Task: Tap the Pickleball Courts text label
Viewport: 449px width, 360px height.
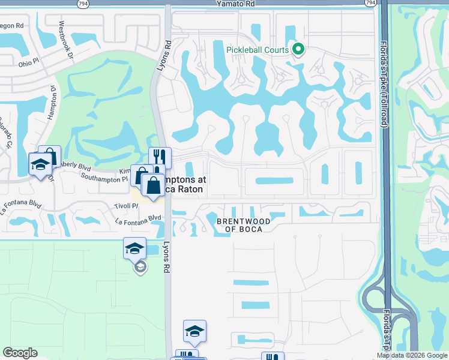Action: tap(258, 50)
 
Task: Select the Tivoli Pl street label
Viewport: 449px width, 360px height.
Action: tap(126, 206)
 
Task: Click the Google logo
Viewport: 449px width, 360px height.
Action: tap(20, 353)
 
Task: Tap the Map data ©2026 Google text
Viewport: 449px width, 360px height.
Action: tap(412, 355)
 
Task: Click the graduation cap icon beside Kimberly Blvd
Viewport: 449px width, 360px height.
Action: tap(40, 164)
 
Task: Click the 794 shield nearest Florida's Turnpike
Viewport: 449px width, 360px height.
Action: tap(370, 3)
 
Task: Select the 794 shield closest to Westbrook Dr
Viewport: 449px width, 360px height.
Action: tap(81, 3)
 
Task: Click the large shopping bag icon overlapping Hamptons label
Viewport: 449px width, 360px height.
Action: tap(153, 184)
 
